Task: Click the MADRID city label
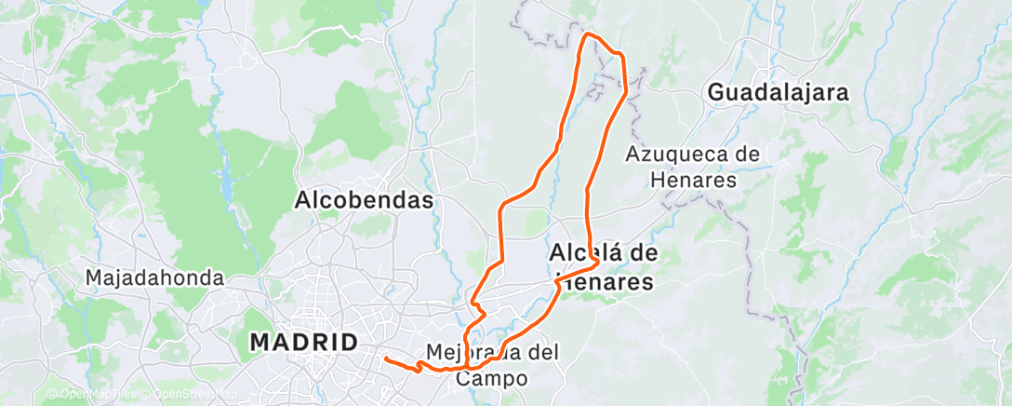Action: tap(304, 342)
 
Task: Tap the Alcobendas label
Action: tap(365, 200)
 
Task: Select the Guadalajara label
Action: tap(779, 92)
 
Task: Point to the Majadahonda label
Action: tap(154, 277)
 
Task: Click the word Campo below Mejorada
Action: tap(492, 379)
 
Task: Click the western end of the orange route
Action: tap(385, 358)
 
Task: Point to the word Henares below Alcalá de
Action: tap(604, 280)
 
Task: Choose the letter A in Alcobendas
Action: tap(303, 200)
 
